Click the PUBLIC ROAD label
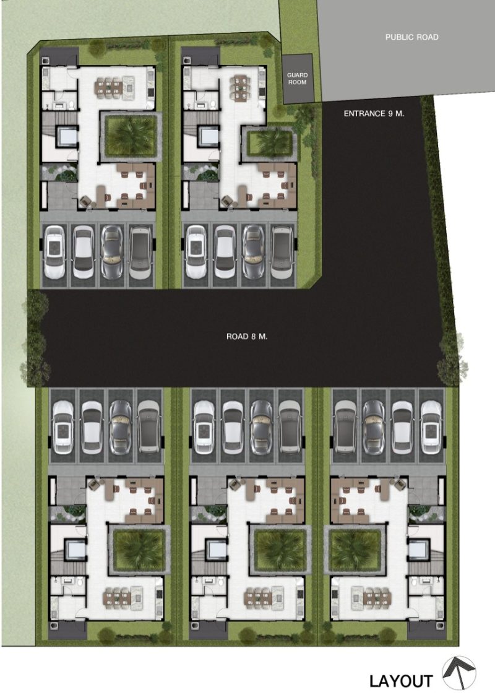411,37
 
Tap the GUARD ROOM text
297,79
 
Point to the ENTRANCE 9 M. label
374,113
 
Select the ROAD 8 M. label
247,336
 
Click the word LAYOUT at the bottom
401,681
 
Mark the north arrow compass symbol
459,673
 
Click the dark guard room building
298,79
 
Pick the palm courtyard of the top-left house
129,137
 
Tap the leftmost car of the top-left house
55,253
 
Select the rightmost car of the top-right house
283,253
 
